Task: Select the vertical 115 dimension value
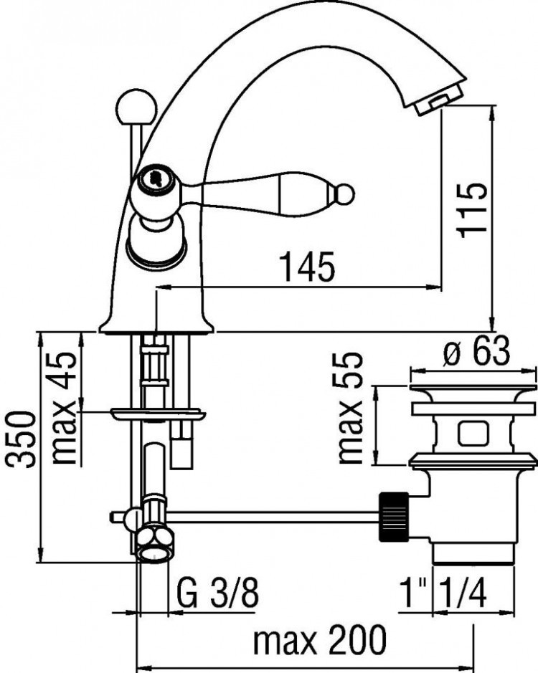coord(474,209)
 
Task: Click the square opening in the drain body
coord(472,433)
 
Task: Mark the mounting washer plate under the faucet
coord(158,414)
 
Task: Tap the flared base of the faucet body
coord(157,323)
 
